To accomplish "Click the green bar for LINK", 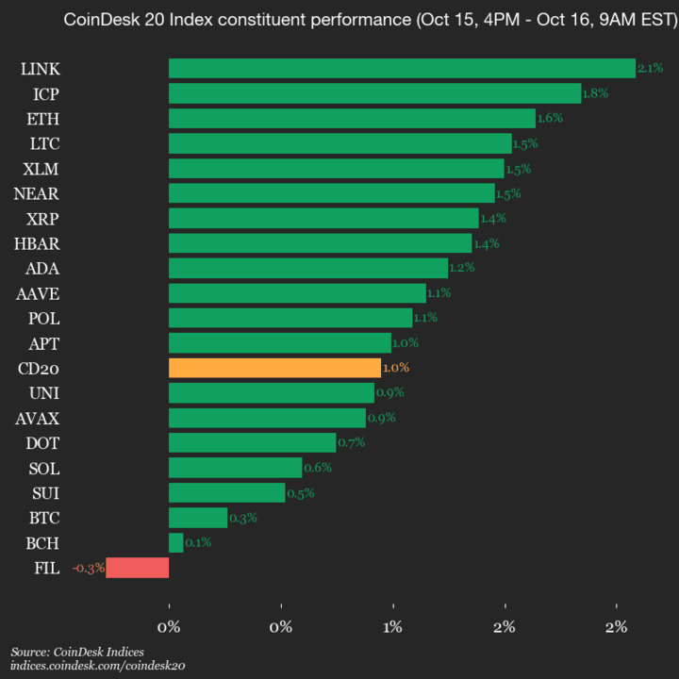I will tap(402, 68).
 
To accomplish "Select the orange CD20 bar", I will tap(274, 368).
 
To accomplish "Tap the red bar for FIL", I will tap(138, 568).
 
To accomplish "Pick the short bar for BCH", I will tap(176, 542).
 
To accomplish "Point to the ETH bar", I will tap(352, 118).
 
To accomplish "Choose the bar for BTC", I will tap(198, 518).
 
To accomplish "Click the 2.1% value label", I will tap(650, 68).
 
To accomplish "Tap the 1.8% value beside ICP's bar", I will tap(595, 93).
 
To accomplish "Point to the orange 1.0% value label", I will tap(396, 368).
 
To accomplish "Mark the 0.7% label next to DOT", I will tap(351, 442).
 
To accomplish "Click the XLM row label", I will tap(41, 169).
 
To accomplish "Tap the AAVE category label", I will tap(38, 293).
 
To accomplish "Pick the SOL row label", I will tap(44, 468).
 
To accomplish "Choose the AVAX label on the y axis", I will tap(38, 418).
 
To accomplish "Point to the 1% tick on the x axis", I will tap(393, 627).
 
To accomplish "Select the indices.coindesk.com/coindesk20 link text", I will tap(97, 666).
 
